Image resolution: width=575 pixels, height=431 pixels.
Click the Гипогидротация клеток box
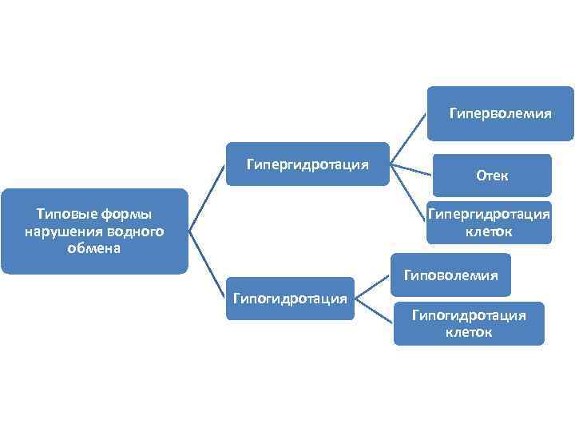pyautogui.click(x=469, y=323)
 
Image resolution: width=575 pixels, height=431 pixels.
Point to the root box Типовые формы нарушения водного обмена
pyautogui.click(x=94, y=231)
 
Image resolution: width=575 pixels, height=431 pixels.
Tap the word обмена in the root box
pyautogui.click(x=95, y=248)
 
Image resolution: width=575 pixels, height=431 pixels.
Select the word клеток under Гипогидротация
pyautogui.click(x=469, y=332)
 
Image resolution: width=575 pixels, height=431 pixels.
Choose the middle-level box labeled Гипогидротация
pyautogui.click(x=290, y=299)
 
